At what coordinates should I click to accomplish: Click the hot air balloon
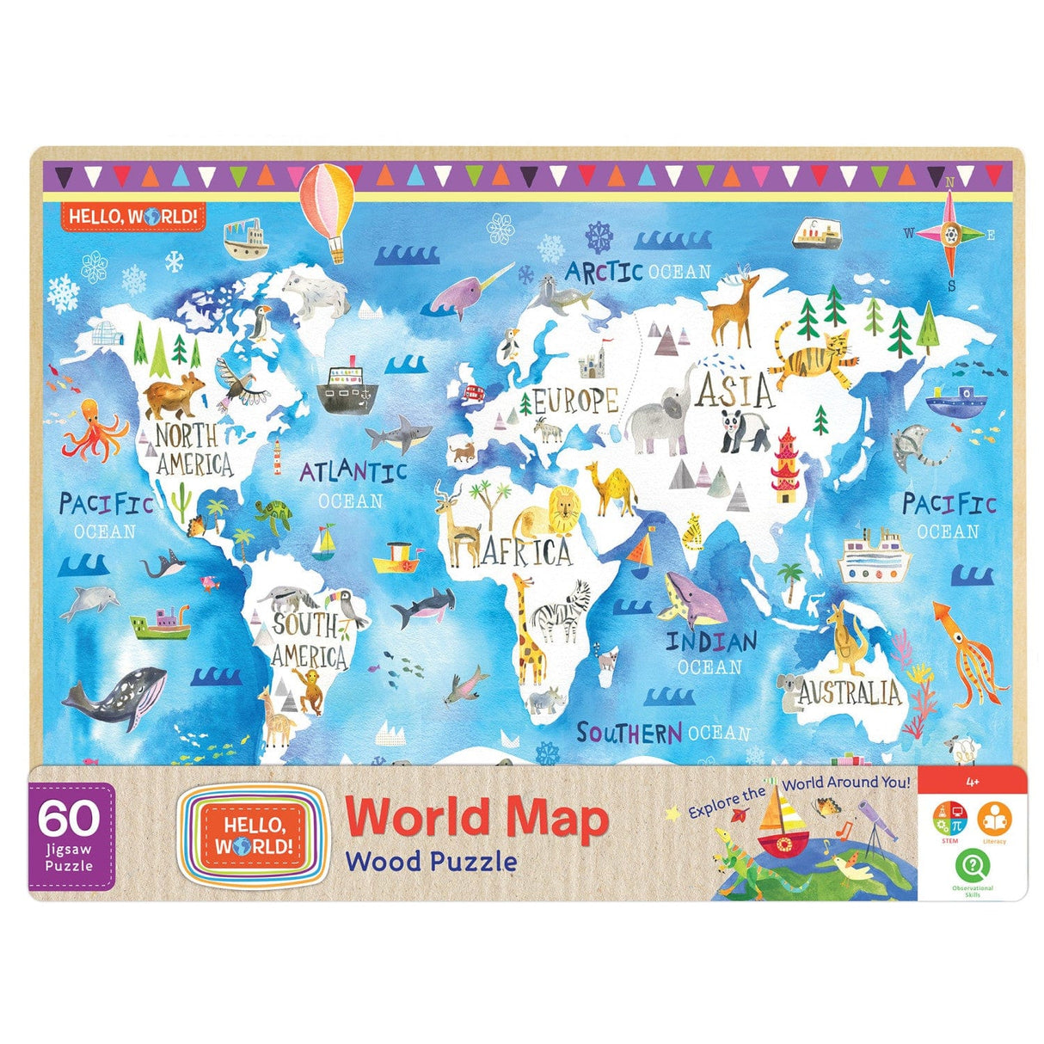[x=327, y=200]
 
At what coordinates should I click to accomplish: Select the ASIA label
[x=735, y=390]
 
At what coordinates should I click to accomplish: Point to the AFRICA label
[x=528, y=552]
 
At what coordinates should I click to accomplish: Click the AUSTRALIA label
[x=849, y=693]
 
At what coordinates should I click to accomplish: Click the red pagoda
[x=785, y=465]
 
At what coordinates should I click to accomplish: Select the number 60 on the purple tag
[x=71, y=820]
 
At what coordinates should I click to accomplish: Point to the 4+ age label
[x=973, y=783]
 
